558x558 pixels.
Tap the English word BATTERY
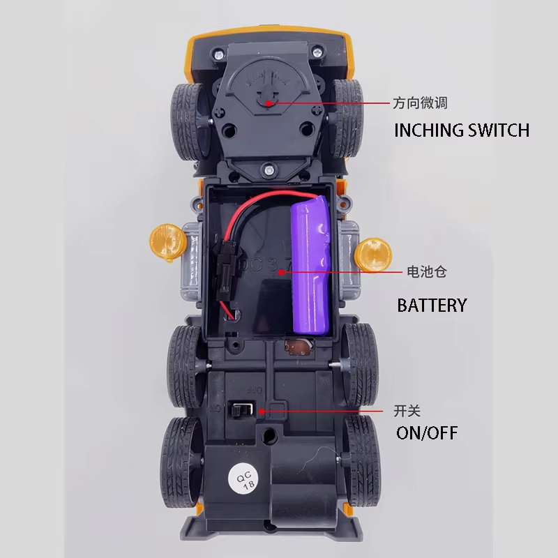tap(432, 305)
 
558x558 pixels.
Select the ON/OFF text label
tap(427, 432)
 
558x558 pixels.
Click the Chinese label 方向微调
tap(419, 103)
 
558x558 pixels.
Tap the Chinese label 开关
tap(407, 412)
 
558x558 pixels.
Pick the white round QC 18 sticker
tap(243, 480)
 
